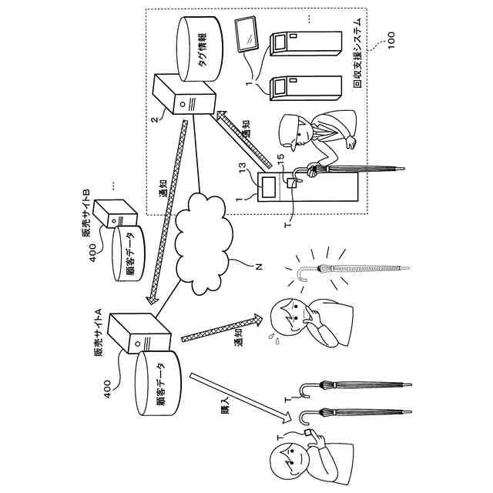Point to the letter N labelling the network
(x=259, y=267)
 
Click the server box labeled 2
(x=183, y=94)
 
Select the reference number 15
(x=280, y=159)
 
